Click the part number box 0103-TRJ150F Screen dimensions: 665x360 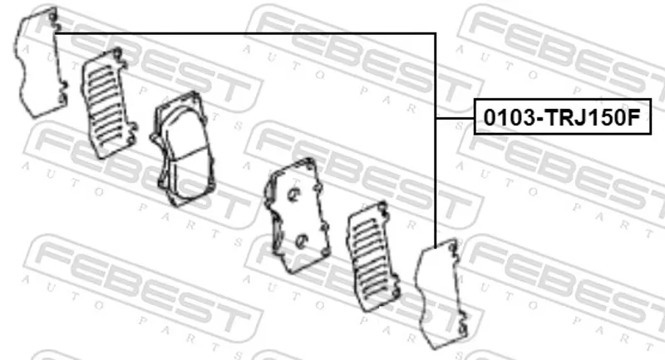click(562, 116)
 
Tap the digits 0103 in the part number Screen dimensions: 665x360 click(509, 117)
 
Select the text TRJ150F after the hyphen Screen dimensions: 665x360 click(592, 117)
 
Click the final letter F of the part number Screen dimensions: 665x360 click(633, 117)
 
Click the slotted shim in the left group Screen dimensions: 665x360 click(108, 103)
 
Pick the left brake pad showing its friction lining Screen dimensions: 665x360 click(182, 149)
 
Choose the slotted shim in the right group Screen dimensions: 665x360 click(373, 257)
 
